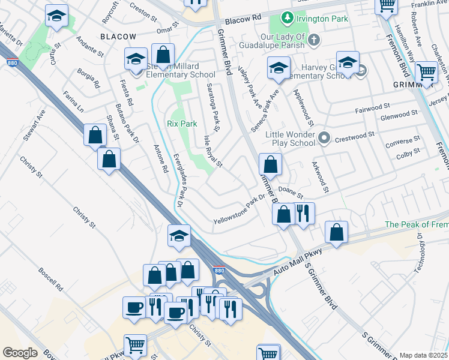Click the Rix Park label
181,124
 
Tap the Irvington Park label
323,19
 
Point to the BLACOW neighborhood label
118,37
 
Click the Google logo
20,353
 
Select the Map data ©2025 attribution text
424,355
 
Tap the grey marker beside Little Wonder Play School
324,139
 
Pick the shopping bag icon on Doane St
284,213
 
